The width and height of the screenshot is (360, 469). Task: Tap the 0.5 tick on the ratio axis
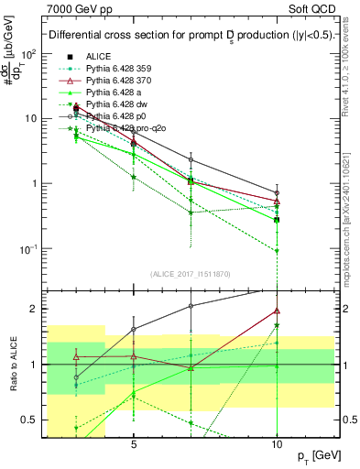(x=29, y=420)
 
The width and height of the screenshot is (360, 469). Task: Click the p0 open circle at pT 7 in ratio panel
(x=191, y=306)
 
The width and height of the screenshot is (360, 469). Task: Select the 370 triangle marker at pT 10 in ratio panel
(x=277, y=311)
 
